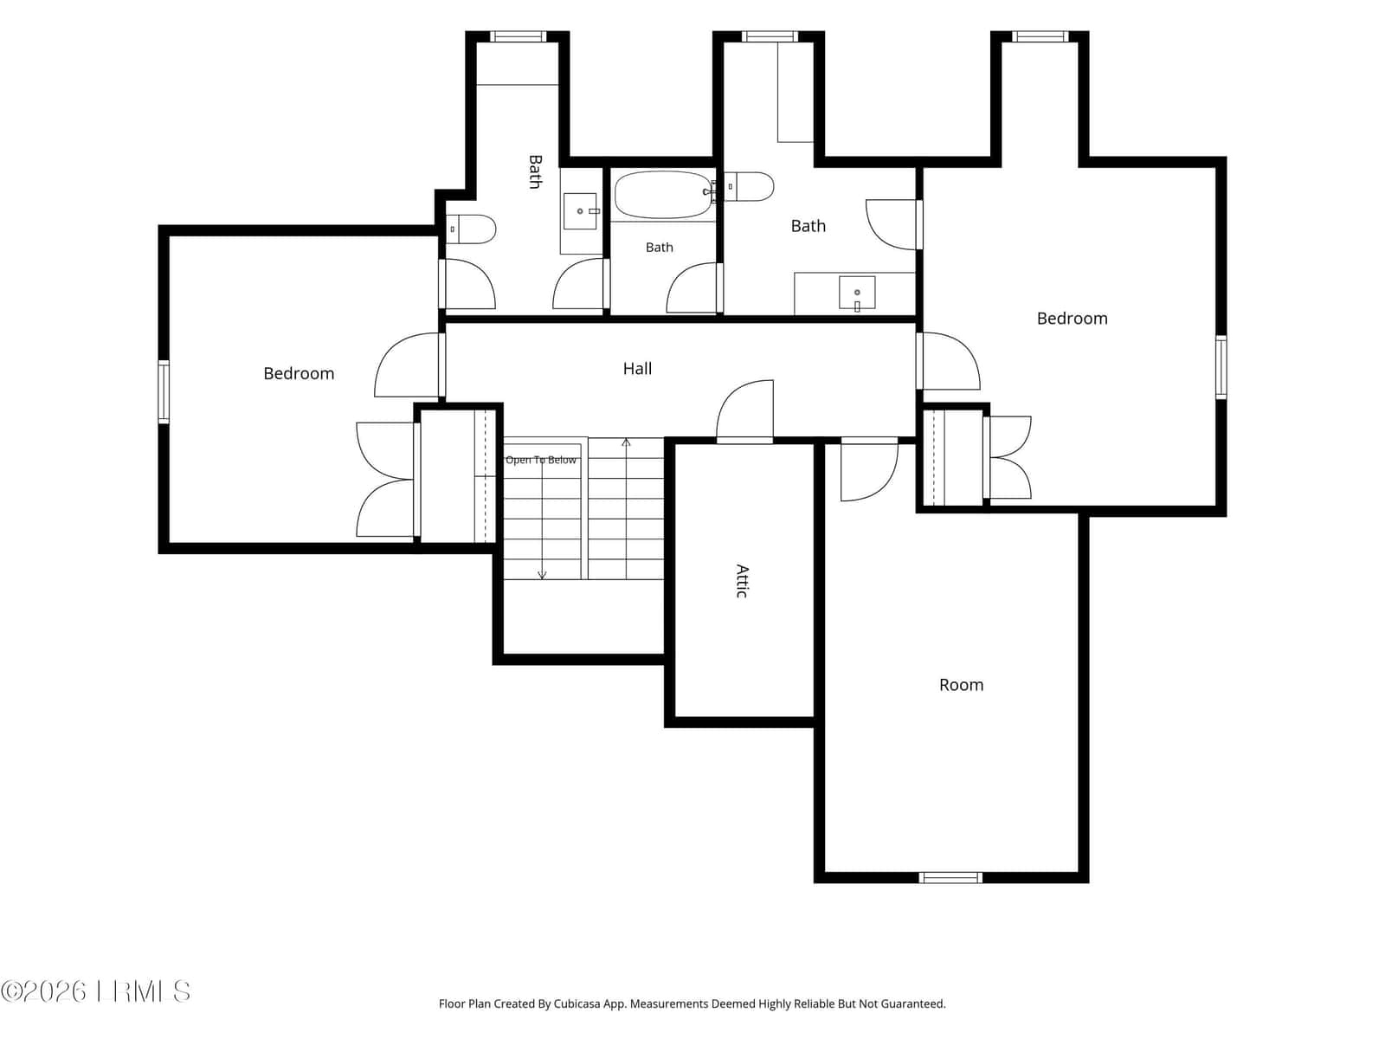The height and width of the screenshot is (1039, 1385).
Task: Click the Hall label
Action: click(x=637, y=369)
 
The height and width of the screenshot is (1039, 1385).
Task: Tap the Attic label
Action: click(x=743, y=581)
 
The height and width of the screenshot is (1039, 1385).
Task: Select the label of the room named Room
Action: click(x=961, y=685)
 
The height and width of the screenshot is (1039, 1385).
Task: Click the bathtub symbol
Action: click(x=663, y=194)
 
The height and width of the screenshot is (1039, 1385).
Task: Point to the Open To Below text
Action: click(x=541, y=460)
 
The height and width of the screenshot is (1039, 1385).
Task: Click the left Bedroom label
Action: click(x=299, y=373)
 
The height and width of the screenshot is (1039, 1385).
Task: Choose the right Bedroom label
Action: click(x=1072, y=319)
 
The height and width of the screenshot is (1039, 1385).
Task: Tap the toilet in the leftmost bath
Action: click(x=471, y=229)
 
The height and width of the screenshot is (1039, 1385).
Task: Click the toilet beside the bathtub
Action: click(x=749, y=187)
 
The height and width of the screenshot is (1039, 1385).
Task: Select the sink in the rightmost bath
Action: click(x=857, y=293)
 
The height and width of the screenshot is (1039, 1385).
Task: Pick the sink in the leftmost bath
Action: click(x=580, y=211)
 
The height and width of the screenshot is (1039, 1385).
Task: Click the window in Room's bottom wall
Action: click(x=950, y=877)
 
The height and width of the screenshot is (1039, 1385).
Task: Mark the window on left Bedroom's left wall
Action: click(x=164, y=391)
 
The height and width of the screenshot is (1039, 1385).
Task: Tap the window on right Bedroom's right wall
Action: click(x=1221, y=367)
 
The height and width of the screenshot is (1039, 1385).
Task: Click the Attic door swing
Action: click(x=745, y=410)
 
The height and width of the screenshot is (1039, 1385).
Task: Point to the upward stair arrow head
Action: click(x=626, y=442)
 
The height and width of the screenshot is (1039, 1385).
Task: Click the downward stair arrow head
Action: click(x=542, y=575)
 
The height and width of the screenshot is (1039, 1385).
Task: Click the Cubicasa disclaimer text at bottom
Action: click(x=692, y=1004)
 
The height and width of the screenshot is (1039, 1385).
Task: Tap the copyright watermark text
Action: click(x=95, y=991)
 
